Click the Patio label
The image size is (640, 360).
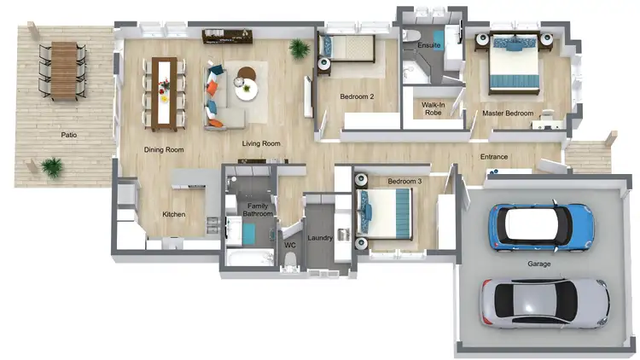pyautogui.click(x=69, y=135)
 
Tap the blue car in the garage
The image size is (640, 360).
pyautogui.click(x=541, y=225)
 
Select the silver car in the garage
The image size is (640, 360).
pyautogui.click(x=543, y=303)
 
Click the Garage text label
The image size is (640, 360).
pyautogui.click(x=539, y=264)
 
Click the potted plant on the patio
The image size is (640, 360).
pyautogui.click(x=53, y=167)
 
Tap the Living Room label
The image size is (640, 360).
pyautogui.click(x=261, y=144)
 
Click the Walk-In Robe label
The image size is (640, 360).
pyautogui.click(x=432, y=107)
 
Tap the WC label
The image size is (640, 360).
pyautogui.click(x=290, y=245)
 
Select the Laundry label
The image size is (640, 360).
pyautogui.click(x=320, y=238)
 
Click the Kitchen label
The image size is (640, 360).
pyautogui.click(x=174, y=214)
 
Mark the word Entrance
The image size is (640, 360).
pyautogui.click(x=494, y=157)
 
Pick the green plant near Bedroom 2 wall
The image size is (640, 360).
pyautogui.click(x=300, y=49)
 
